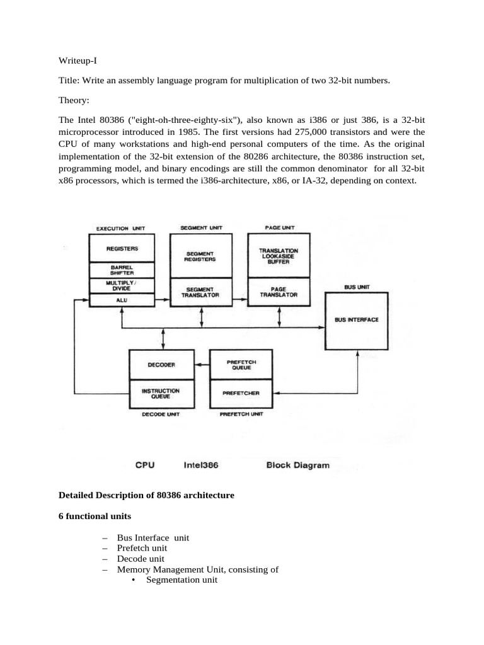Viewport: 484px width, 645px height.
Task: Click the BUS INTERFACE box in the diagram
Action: (x=356, y=321)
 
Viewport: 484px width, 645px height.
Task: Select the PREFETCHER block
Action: (x=241, y=392)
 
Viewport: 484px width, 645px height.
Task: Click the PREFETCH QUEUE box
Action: (x=241, y=364)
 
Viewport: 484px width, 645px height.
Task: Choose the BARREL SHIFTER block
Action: (x=122, y=270)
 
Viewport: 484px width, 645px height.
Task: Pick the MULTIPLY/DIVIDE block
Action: (x=122, y=285)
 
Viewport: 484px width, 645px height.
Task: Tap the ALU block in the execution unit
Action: (x=122, y=301)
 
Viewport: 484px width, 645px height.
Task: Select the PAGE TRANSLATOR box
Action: (x=279, y=292)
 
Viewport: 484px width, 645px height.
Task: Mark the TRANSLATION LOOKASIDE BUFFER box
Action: (x=279, y=254)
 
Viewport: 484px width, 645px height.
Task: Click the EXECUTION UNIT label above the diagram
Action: (x=119, y=227)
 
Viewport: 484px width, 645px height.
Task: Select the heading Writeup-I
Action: (x=78, y=62)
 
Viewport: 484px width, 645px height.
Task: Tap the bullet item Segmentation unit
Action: (x=181, y=580)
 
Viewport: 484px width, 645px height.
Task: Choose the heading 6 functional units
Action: (x=95, y=516)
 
